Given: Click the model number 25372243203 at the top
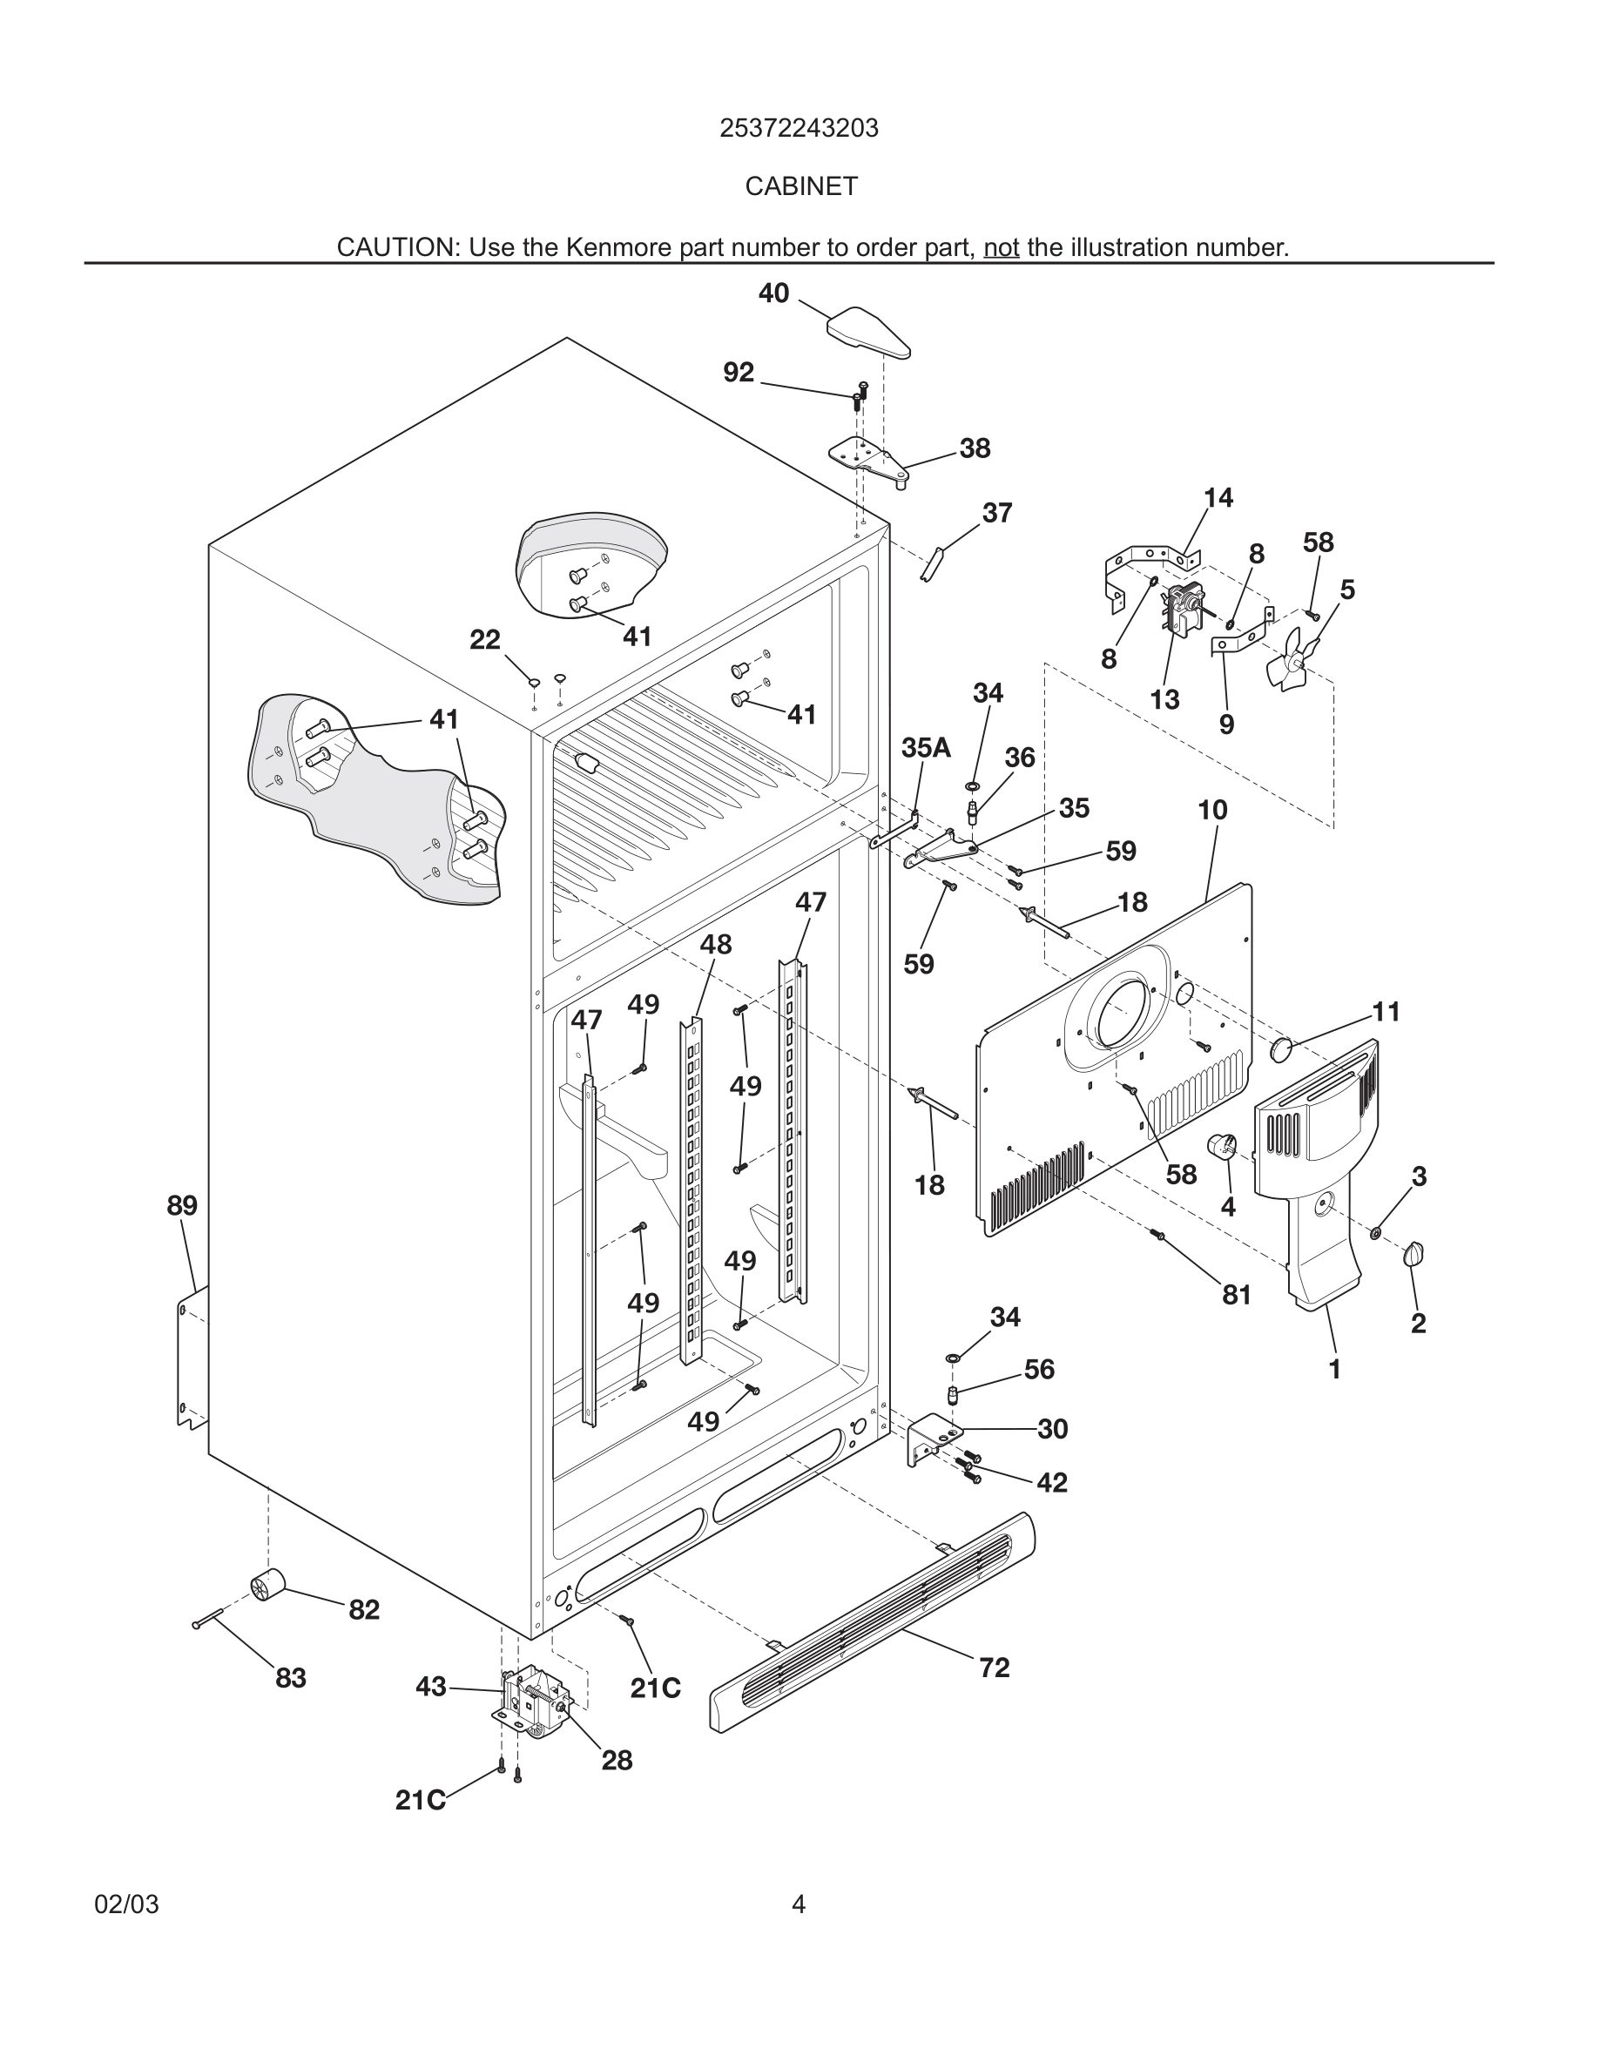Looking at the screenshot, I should pyautogui.click(x=799, y=128).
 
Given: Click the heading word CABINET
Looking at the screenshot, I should pyautogui.click(x=800, y=186).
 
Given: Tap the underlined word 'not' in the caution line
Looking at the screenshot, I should pyautogui.click(x=1001, y=247).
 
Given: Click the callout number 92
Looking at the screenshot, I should pyautogui.click(x=738, y=374).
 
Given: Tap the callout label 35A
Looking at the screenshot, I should pyautogui.click(x=926, y=747).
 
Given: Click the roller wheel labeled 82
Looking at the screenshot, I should pyautogui.click(x=267, y=1584).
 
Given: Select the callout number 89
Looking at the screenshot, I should pyautogui.click(x=182, y=1206).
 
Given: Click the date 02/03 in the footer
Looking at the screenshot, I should pyautogui.click(x=126, y=1904).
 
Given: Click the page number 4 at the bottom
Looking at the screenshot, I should pyautogui.click(x=798, y=1904).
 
